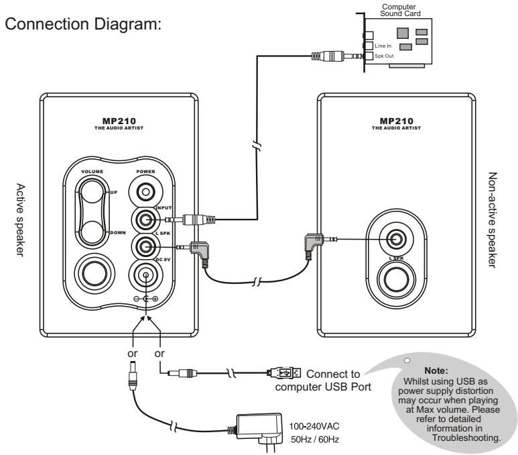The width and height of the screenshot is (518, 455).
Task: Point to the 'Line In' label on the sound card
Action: click(x=383, y=46)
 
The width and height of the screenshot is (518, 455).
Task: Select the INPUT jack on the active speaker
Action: click(x=146, y=219)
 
